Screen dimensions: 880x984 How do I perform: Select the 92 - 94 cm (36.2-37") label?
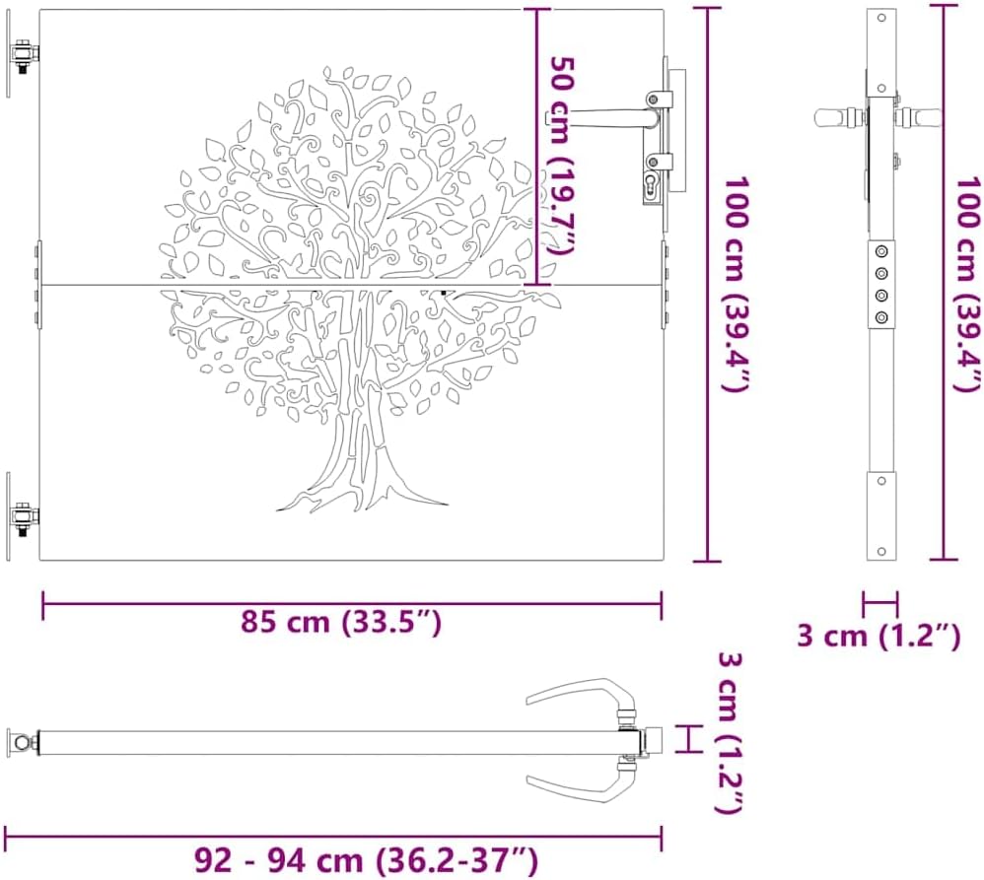pos(365,859)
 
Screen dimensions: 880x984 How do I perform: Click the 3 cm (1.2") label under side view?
pos(879,636)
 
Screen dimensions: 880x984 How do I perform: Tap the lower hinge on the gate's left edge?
pos(23,513)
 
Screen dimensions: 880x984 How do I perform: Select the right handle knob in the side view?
pos(924,117)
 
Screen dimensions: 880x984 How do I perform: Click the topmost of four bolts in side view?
pos(881,252)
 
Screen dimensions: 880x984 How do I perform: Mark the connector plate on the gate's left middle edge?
pos(37,285)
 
